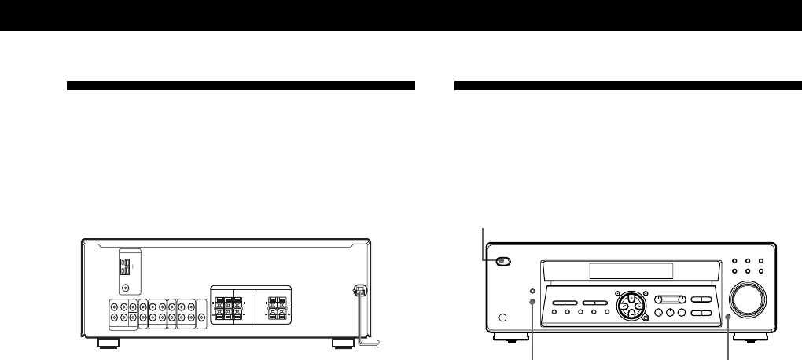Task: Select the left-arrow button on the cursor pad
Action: (x=620, y=306)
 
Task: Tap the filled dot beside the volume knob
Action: (x=729, y=317)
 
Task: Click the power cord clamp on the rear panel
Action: (x=358, y=290)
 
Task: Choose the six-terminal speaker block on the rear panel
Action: (x=229, y=307)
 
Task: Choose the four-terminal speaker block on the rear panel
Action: (x=276, y=307)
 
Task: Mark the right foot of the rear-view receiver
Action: (x=342, y=343)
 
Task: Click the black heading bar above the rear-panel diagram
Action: (x=241, y=85)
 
